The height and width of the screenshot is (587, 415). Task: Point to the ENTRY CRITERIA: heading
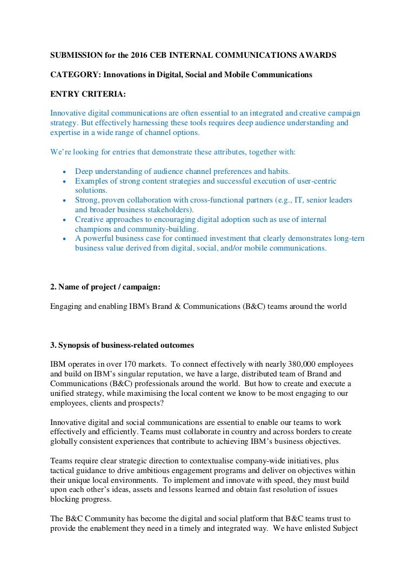click(x=88, y=94)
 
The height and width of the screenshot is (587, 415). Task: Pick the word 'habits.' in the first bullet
click(x=278, y=171)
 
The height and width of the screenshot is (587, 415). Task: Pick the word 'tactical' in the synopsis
click(x=64, y=471)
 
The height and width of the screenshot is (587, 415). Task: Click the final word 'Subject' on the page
click(x=346, y=529)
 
